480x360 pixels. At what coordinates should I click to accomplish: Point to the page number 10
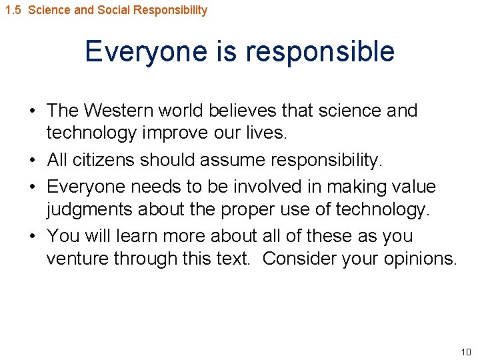(465, 351)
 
